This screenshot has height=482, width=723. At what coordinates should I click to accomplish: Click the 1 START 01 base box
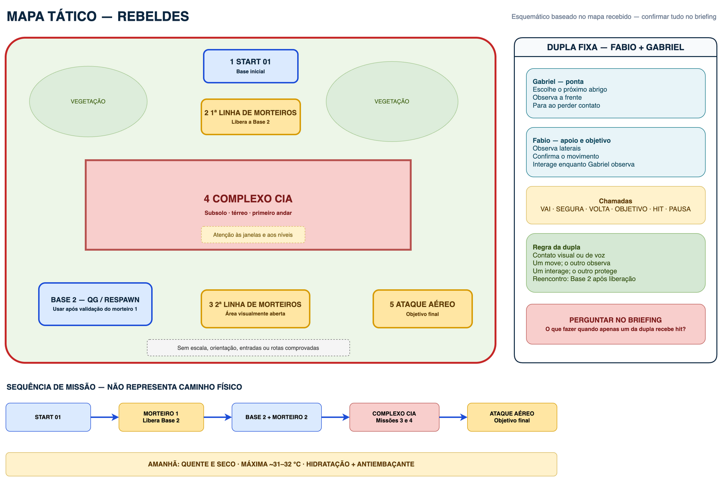click(251, 66)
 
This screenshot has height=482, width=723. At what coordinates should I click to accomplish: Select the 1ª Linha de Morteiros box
click(251, 117)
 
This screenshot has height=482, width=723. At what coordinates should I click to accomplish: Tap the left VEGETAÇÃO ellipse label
click(88, 101)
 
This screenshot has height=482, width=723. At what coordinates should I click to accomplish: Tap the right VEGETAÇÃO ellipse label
click(391, 101)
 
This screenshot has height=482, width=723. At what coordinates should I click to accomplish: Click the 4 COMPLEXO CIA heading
click(248, 198)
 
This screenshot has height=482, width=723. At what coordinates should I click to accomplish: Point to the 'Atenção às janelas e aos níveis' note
click(253, 235)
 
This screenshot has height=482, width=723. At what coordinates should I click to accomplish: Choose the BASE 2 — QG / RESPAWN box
click(95, 304)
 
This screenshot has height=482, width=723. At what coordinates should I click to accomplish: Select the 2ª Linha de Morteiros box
click(255, 309)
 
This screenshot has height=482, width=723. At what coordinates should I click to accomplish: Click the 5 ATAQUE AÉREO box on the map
click(422, 309)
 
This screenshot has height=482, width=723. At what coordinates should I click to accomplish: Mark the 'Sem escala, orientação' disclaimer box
click(248, 348)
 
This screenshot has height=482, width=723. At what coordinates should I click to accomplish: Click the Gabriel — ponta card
click(616, 93)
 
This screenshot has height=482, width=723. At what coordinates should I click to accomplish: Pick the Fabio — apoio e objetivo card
click(616, 152)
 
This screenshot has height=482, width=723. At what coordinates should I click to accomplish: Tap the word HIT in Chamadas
click(658, 209)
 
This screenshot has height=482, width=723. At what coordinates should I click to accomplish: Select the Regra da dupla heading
click(556, 247)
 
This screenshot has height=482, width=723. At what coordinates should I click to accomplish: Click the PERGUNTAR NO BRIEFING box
click(616, 324)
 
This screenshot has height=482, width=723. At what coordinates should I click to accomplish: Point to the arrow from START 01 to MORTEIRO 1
click(105, 417)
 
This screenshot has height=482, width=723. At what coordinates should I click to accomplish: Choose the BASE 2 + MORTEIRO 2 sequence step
click(276, 417)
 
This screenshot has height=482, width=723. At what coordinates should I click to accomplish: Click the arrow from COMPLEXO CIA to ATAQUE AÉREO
click(453, 417)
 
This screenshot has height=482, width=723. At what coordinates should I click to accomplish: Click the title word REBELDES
click(153, 16)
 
